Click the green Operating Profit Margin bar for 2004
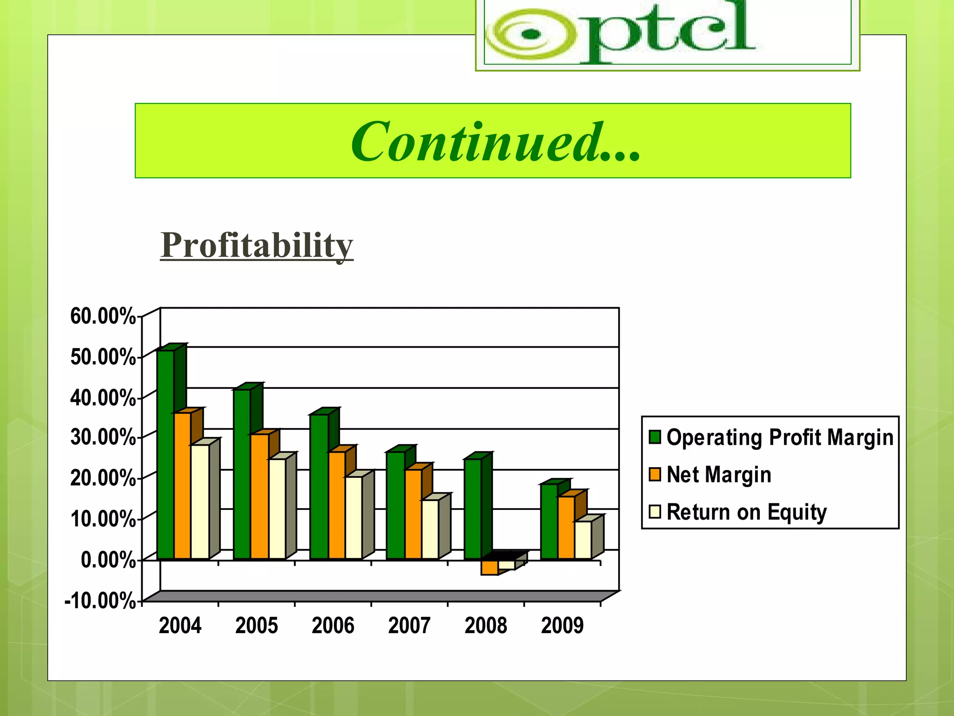165,454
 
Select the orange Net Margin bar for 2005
259,496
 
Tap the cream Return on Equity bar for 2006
354,517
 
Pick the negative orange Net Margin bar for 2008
489,567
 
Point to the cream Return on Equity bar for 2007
430,529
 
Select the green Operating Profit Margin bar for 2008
473,508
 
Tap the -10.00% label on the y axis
100,601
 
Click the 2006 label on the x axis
333,626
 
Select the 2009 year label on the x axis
562,626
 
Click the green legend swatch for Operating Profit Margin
655,437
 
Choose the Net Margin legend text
719,475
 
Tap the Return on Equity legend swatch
655,512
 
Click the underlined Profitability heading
257,245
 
